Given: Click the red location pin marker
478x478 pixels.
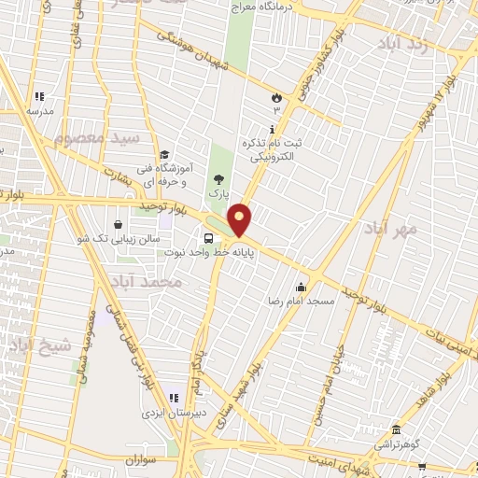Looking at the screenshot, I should (240, 220).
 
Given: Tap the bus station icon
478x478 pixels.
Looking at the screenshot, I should (207, 238).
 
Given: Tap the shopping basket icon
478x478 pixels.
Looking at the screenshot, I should (119, 224).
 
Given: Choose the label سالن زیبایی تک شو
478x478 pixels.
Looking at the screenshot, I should (112, 239).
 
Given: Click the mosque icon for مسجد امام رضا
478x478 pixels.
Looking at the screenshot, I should (301, 288).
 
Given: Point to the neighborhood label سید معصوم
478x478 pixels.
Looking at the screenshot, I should (95, 139).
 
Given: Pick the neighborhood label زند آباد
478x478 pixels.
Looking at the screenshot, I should (409, 44).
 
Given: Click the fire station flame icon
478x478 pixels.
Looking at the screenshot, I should (275, 96).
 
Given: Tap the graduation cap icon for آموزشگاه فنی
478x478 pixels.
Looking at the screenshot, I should (164, 155).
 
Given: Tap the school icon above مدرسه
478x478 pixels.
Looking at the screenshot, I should (39, 96).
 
